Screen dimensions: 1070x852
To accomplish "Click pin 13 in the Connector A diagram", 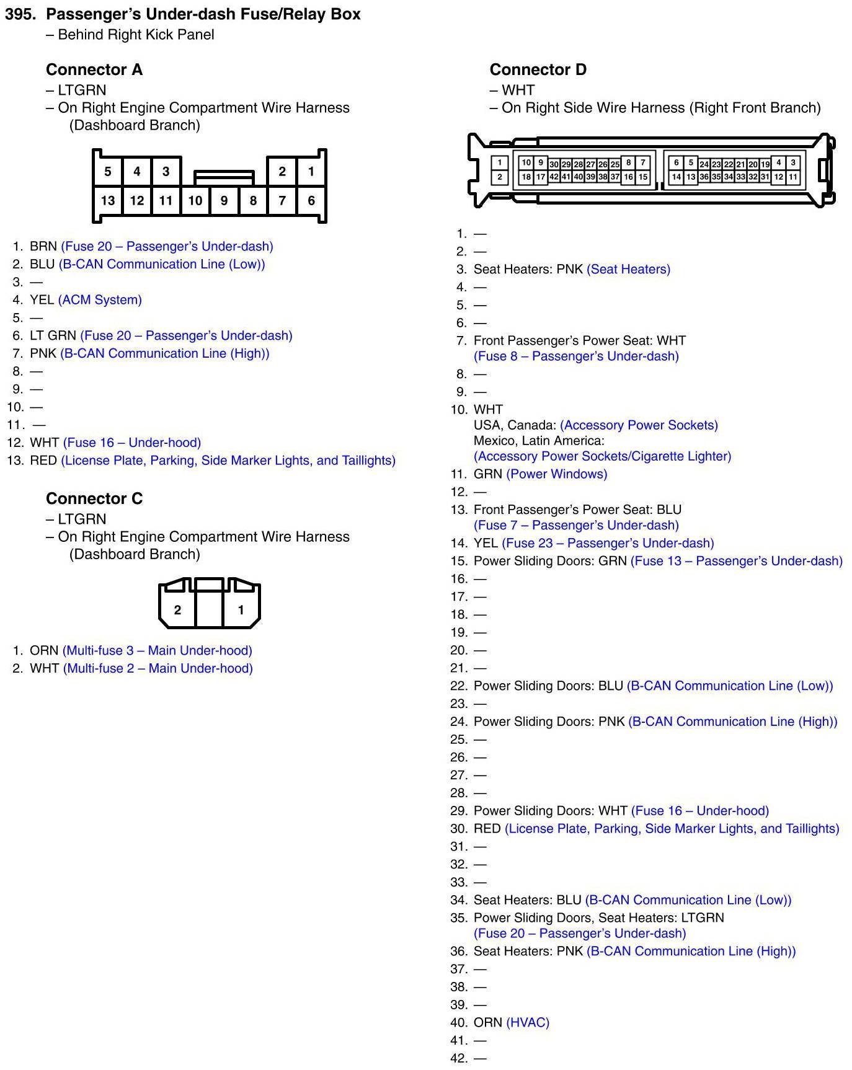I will pos(108,200).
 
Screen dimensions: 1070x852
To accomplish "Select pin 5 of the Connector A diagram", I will pos(108,171).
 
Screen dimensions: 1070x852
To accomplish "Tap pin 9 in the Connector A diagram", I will pos(224,200).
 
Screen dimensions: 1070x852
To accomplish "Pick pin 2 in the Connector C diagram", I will pos(177,610).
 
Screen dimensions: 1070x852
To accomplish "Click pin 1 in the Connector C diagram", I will pos(241,610).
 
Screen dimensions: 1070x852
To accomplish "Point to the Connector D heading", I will pos(538,69).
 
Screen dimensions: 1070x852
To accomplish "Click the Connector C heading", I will pos(94,498).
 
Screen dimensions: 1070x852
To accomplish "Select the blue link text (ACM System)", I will pos(100,300).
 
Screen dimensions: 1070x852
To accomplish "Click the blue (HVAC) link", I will pos(528,1022).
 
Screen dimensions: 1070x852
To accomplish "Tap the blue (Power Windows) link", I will pos(557,474).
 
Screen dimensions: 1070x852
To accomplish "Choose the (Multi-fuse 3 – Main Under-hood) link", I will pos(158,651).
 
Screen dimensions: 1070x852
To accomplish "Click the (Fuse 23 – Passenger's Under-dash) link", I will pos(608,544).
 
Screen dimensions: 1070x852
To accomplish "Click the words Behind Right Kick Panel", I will pos(136,35).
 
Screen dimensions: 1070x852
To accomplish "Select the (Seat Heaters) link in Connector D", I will pos(628,270).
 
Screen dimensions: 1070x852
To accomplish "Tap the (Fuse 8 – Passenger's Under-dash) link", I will pos(576,356).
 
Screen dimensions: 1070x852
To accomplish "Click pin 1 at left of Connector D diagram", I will pos(500,163).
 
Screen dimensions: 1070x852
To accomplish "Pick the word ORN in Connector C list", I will pos(44,651).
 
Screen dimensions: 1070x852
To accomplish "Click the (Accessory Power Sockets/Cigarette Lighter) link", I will pos(602,456).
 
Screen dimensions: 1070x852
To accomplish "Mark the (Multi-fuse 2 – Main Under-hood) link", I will pos(158,669).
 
